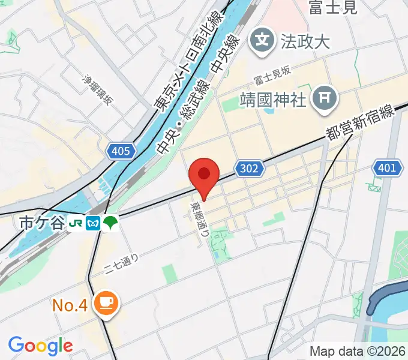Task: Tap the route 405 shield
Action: [x=121, y=151]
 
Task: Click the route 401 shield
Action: [x=387, y=168]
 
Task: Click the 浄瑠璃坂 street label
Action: [x=97, y=89]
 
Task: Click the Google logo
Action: [x=40, y=345]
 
